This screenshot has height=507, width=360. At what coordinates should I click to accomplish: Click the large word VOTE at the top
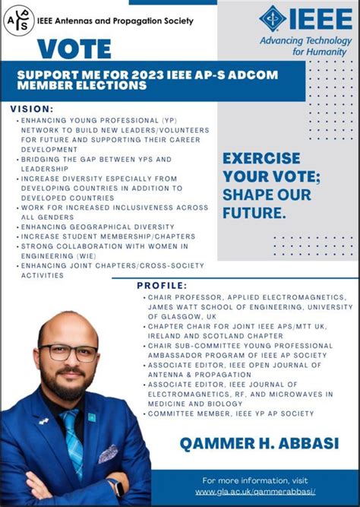(x=74, y=49)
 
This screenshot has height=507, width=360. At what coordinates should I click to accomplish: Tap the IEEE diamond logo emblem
(x=273, y=19)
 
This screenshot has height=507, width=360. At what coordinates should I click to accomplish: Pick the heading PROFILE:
(x=162, y=285)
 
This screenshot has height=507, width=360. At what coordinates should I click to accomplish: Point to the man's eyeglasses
(x=68, y=353)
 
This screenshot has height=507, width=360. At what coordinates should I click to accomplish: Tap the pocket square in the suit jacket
(x=108, y=454)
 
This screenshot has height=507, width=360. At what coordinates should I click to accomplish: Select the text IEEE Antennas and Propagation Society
(x=115, y=21)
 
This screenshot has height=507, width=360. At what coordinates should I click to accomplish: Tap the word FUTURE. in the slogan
(x=254, y=213)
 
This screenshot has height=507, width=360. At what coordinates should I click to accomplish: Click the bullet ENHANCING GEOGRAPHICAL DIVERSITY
(x=87, y=227)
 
